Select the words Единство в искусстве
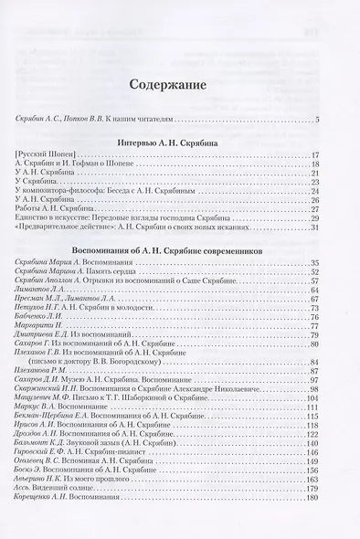point(54,217)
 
